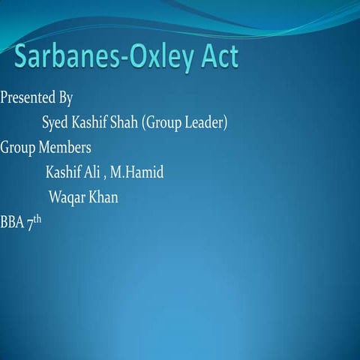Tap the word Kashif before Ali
pos(64,172)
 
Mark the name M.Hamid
pos(136,172)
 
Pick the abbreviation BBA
pos(12,223)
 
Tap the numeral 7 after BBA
pos(31,223)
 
